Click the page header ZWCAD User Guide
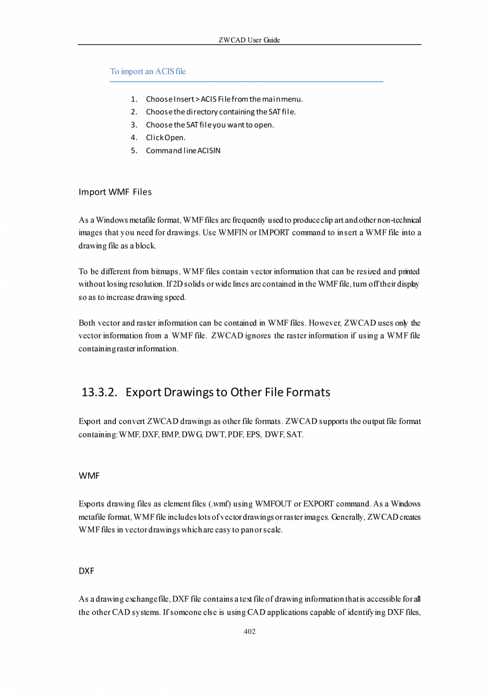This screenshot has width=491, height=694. (x=249, y=40)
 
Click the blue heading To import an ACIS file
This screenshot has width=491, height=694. (x=148, y=71)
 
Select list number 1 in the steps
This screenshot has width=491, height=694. (x=134, y=99)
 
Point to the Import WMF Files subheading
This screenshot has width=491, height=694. (x=115, y=192)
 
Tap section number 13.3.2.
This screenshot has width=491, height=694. (x=99, y=392)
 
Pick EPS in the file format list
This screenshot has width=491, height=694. (x=254, y=435)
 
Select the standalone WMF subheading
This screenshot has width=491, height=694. (x=89, y=476)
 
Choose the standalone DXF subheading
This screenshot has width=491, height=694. (x=86, y=571)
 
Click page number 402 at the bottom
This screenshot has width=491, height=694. (x=249, y=632)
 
